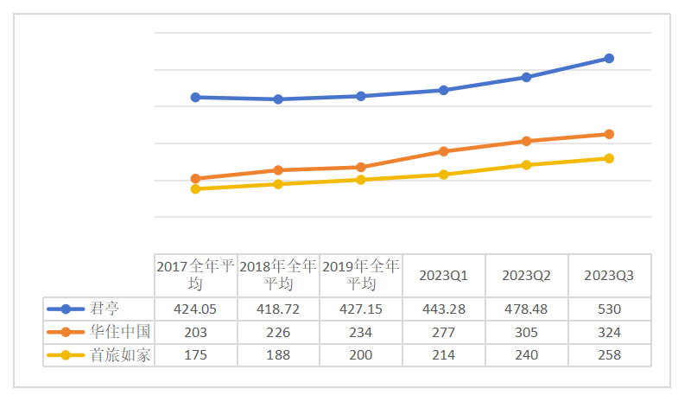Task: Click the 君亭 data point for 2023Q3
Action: (609, 59)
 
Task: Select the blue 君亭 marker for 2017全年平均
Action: (195, 97)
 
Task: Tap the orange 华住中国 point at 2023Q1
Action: (443, 151)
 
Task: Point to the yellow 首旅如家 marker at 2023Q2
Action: (526, 165)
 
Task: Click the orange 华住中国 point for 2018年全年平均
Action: (278, 170)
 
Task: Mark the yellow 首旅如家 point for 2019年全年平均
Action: (361, 180)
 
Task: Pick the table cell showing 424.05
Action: (195, 309)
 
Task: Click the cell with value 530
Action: (609, 309)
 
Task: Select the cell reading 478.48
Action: (526, 309)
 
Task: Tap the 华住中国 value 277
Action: (443, 332)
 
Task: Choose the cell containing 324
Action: (609, 332)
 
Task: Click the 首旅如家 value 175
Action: (195, 354)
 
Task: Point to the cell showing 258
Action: (609, 354)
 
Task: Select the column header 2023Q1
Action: (443, 276)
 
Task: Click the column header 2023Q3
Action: (609, 276)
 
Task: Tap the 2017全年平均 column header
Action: (195, 275)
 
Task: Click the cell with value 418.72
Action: (278, 309)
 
